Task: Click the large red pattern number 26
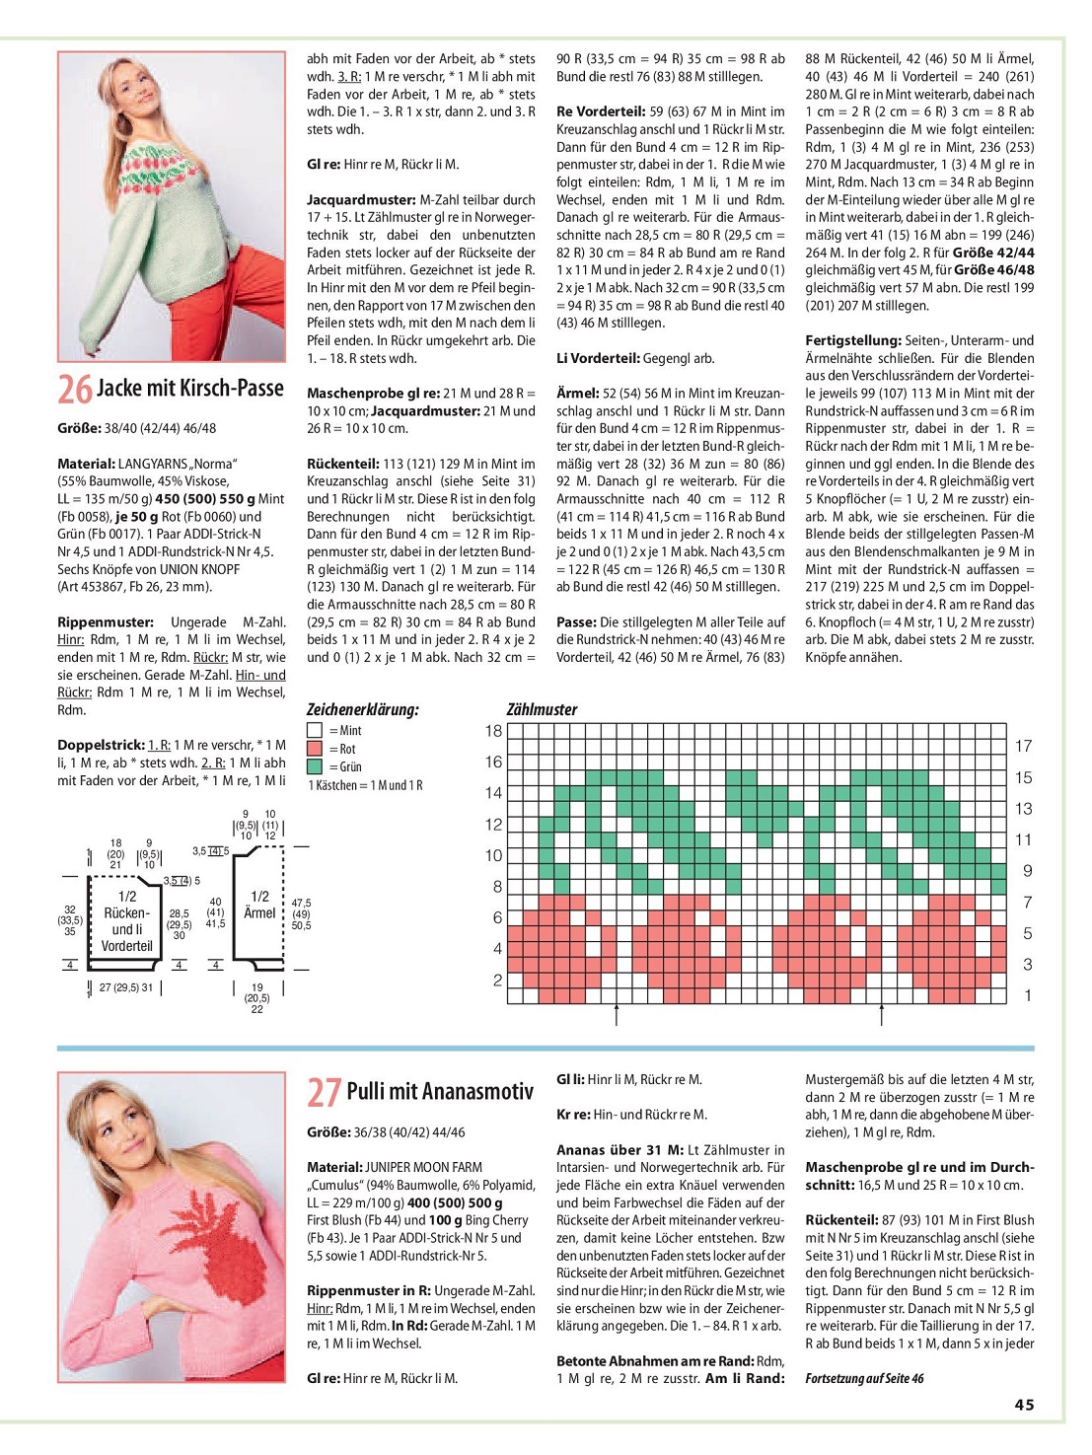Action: point(75,389)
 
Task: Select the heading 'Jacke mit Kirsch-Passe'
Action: point(190,388)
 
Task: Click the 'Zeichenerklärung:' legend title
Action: point(362,709)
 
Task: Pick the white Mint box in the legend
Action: point(315,731)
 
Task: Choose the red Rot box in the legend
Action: point(315,749)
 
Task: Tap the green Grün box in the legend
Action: point(315,766)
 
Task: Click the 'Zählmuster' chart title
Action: point(542,709)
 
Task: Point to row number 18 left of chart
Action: point(493,731)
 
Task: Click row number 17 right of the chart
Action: point(1024,746)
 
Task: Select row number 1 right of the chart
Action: point(1028,995)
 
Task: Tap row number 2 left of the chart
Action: point(497,980)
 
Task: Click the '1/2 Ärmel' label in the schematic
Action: point(259,905)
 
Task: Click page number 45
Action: point(1024,1405)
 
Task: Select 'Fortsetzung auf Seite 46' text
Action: point(864,1378)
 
